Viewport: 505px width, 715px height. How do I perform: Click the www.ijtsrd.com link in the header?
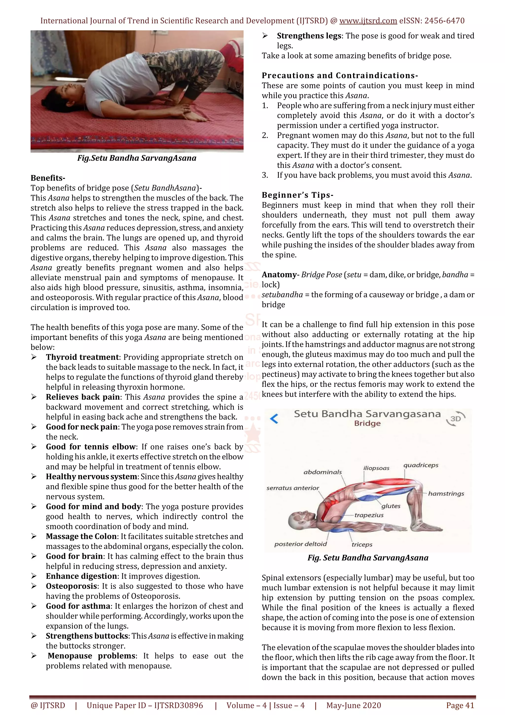368,21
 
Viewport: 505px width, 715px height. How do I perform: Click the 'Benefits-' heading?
48,178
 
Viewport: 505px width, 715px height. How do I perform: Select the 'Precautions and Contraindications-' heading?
340,75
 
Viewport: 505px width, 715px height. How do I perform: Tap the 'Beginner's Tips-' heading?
297,195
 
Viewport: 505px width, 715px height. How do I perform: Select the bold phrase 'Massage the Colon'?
82,536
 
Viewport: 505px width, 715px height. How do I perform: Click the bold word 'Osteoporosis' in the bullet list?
72,586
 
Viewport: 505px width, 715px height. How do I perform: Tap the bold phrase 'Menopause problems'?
92,656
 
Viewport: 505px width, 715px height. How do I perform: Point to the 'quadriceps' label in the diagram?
421,465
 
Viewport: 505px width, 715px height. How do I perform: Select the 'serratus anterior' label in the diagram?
292,488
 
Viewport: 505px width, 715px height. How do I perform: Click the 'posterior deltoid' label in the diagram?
300,544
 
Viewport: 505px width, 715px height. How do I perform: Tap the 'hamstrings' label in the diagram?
446,494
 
